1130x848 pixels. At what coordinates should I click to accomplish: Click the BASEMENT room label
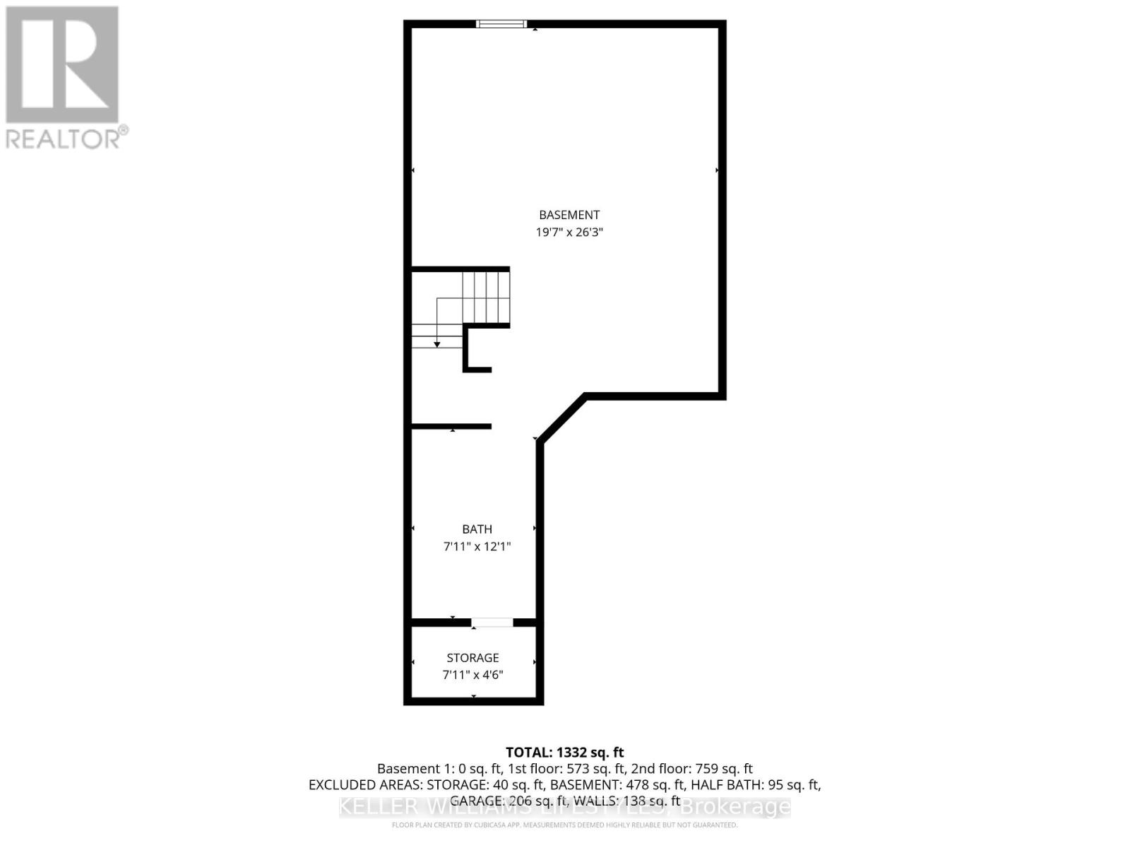(x=569, y=215)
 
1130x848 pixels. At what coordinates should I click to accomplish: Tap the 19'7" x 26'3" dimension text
(x=569, y=232)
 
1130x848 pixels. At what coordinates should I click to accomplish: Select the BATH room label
(x=477, y=529)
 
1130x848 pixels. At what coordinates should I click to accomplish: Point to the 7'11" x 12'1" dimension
(x=477, y=546)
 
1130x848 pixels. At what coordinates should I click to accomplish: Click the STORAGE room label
(x=472, y=658)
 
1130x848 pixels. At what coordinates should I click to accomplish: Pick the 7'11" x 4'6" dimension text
(x=472, y=675)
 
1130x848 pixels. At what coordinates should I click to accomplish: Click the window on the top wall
(x=501, y=24)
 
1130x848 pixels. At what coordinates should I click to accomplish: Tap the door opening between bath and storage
(x=492, y=623)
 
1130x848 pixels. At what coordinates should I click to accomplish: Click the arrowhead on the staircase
(x=437, y=344)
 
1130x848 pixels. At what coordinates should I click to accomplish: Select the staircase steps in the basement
(x=486, y=297)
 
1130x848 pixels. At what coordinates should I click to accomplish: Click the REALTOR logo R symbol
(x=62, y=65)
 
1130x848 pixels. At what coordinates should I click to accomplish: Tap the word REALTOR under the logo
(x=64, y=138)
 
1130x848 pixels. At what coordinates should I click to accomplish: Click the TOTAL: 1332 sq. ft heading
(x=565, y=753)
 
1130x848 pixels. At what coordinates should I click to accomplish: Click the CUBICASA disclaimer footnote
(x=565, y=825)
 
